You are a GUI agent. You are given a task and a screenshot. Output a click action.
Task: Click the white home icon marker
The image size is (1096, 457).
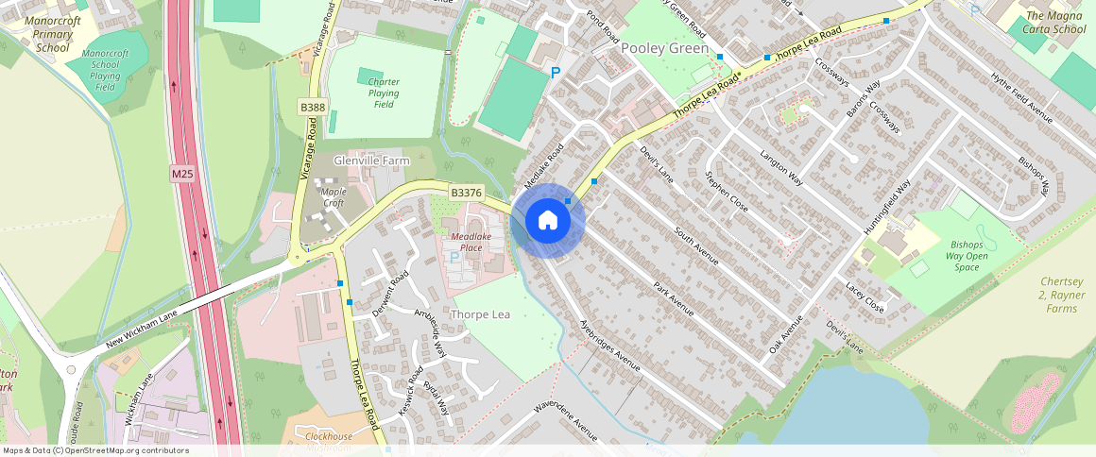click(548, 221)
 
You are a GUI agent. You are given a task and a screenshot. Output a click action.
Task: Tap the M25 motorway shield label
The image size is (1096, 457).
click(182, 175)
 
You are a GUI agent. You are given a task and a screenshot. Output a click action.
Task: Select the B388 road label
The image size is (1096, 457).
click(313, 107)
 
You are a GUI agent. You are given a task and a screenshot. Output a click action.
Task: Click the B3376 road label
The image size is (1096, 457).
click(466, 193)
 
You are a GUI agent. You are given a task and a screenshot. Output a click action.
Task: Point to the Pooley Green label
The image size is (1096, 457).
click(664, 48)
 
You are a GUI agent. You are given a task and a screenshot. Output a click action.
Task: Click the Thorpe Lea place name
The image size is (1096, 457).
click(481, 313)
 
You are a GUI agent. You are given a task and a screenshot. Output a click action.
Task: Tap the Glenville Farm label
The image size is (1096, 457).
click(371, 161)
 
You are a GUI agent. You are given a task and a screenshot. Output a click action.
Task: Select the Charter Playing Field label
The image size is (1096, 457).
click(384, 93)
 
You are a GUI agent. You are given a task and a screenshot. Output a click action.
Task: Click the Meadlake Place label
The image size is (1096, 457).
click(467, 242)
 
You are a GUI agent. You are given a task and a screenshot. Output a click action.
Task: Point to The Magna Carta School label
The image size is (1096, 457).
click(1055, 22)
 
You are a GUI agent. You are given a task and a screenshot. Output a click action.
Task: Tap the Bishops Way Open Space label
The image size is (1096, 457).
click(966, 256)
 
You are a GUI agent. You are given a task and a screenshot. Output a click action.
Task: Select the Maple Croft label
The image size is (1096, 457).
click(334, 196)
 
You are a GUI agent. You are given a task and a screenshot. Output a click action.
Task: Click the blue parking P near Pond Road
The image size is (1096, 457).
click(555, 72)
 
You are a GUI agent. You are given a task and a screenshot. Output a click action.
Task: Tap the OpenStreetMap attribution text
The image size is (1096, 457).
click(94, 450)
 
